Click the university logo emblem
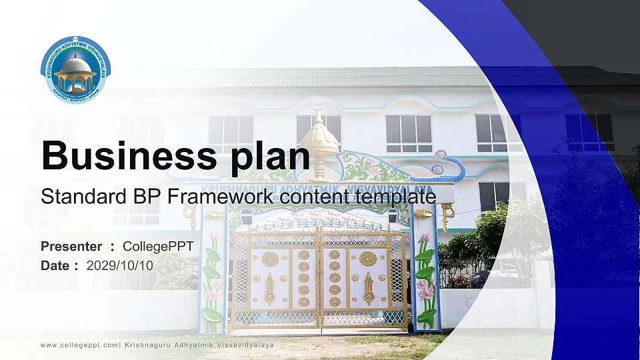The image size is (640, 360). pyautogui.click(x=75, y=69)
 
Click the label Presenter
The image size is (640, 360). pyautogui.click(x=71, y=247)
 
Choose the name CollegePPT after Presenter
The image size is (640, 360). pyautogui.click(x=158, y=247)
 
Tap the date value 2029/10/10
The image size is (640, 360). pyautogui.click(x=120, y=265)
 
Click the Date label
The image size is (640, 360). pyautogui.click(x=56, y=265)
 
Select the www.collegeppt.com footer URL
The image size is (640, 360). pyautogui.click(x=79, y=345)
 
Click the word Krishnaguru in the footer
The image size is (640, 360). pyautogui.click(x=148, y=345)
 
